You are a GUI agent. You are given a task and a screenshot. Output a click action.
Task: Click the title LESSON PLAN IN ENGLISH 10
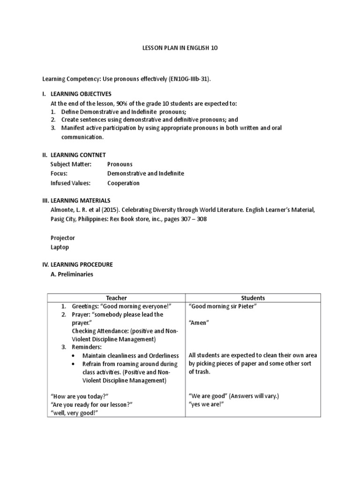(x=180, y=48)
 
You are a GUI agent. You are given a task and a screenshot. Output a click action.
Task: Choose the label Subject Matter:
(x=71, y=164)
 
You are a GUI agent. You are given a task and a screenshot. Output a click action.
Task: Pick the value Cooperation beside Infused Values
(x=123, y=183)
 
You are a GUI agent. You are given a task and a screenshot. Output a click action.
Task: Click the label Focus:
(x=59, y=173)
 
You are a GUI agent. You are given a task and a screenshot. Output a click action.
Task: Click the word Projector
(x=62, y=238)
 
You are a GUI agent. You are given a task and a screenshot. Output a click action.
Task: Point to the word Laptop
(x=60, y=247)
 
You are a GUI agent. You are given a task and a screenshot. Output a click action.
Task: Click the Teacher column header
(x=116, y=298)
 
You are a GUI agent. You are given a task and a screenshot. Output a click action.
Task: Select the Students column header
(x=253, y=298)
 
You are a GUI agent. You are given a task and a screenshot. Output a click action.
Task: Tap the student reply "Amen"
(x=198, y=323)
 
